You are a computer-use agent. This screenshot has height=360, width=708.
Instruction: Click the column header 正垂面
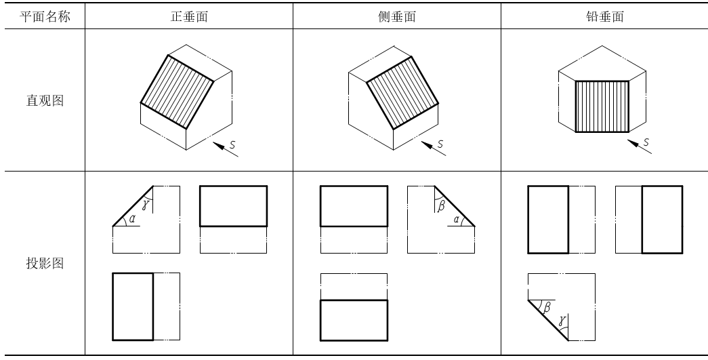coord(189,17)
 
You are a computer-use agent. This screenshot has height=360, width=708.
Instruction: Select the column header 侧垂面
coord(397,17)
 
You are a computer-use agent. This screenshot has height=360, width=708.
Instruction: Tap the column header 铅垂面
coord(604,17)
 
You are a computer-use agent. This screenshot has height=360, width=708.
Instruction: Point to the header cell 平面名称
coord(45,17)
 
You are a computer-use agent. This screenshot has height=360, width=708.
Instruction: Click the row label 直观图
coord(45,100)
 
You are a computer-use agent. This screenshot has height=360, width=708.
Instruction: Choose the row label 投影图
coord(45,263)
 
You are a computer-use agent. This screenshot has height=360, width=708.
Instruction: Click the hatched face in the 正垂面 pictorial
coord(177,92)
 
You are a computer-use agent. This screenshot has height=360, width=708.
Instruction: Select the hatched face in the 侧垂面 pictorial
coord(402,93)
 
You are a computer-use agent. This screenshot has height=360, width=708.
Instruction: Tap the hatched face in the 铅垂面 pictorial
coord(602,106)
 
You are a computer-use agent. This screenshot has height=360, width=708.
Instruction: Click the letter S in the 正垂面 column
coord(232,145)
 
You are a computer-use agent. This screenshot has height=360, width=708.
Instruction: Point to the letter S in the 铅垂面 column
coord(646,142)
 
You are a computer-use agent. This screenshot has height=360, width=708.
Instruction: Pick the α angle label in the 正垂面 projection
coord(132,219)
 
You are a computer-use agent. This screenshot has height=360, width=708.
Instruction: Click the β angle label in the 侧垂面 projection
coord(441,205)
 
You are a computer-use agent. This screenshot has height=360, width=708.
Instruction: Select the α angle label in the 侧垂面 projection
coord(457,220)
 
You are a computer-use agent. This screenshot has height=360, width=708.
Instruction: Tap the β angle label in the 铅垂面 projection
coord(547,307)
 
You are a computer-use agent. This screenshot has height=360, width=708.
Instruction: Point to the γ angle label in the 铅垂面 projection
coord(561,321)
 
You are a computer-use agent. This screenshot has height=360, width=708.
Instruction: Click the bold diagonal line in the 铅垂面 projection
coord(548,320)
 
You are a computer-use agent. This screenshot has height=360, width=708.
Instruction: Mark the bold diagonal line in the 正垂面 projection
coord(133,206)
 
